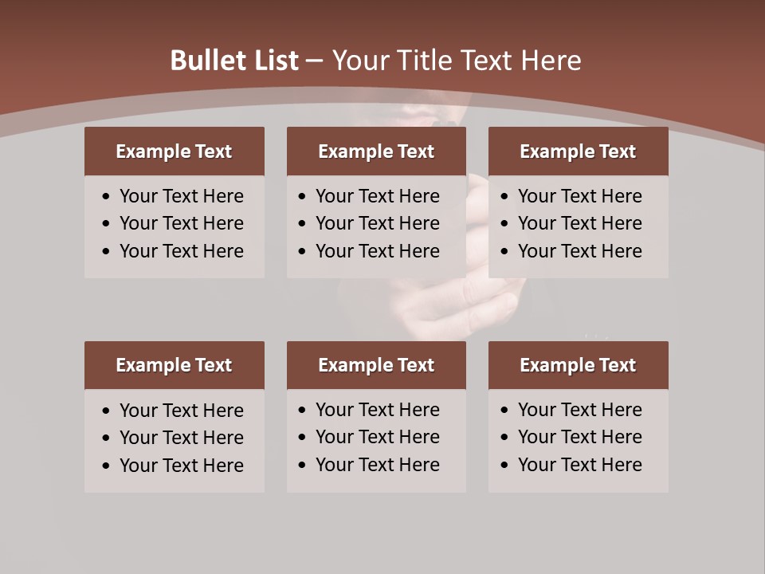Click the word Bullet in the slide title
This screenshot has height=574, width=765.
click(x=204, y=61)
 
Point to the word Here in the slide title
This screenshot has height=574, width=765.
click(x=551, y=61)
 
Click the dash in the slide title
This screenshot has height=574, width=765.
click(x=315, y=61)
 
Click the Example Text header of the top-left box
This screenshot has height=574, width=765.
click(x=174, y=151)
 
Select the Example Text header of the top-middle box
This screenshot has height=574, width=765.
click(x=376, y=151)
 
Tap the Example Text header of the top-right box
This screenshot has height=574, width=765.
click(x=578, y=151)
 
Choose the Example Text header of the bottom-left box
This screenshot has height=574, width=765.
click(x=174, y=365)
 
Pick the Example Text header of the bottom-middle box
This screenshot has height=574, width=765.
click(x=376, y=365)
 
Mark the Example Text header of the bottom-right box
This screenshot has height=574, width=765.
click(x=578, y=365)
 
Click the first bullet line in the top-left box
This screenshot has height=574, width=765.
click(x=181, y=196)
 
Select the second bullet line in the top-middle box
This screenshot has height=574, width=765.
click(x=377, y=223)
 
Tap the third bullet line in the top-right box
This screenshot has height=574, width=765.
click(x=579, y=251)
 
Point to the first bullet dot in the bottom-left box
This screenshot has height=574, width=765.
click(x=107, y=411)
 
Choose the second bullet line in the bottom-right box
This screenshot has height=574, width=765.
click(x=579, y=437)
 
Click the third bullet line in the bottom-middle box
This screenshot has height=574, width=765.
click(x=377, y=465)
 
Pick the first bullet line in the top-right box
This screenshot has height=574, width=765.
click(x=579, y=196)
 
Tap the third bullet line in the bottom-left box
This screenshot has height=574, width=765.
click(x=181, y=466)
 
